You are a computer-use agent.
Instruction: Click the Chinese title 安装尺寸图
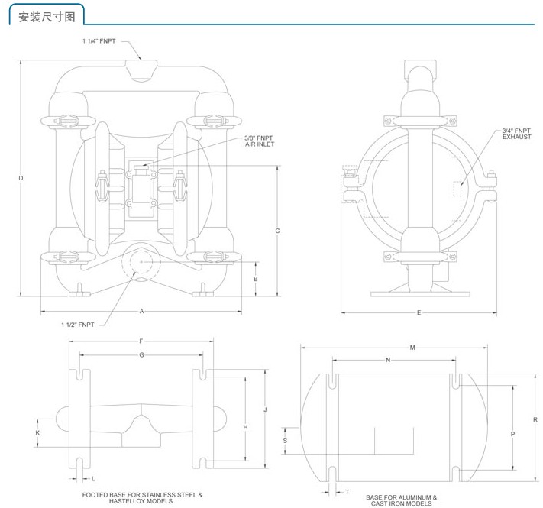point(47,17)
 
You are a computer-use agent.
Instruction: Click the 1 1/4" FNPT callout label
point(99,40)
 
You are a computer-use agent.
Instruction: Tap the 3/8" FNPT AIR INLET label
point(260,141)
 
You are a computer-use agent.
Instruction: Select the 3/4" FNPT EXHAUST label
point(516,134)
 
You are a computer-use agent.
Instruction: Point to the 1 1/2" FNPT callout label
point(78,325)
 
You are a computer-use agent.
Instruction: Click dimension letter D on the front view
point(21,178)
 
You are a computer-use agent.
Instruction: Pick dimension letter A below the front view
point(141,312)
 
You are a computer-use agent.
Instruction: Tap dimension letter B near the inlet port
point(256,279)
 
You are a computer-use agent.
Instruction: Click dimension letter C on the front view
point(277,231)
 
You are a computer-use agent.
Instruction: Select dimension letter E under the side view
point(419,313)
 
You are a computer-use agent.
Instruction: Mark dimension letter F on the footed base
point(141,341)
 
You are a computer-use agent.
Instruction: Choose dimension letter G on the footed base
point(141,355)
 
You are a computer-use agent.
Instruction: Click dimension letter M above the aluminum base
point(412,348)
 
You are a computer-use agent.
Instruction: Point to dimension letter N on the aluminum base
point(388,360)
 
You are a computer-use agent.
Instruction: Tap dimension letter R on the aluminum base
point(535,419)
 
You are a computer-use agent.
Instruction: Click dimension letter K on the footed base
point(37,433)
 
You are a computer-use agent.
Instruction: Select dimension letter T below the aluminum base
point(347,492)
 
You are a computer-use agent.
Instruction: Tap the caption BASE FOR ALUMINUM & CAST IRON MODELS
point(402,500)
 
